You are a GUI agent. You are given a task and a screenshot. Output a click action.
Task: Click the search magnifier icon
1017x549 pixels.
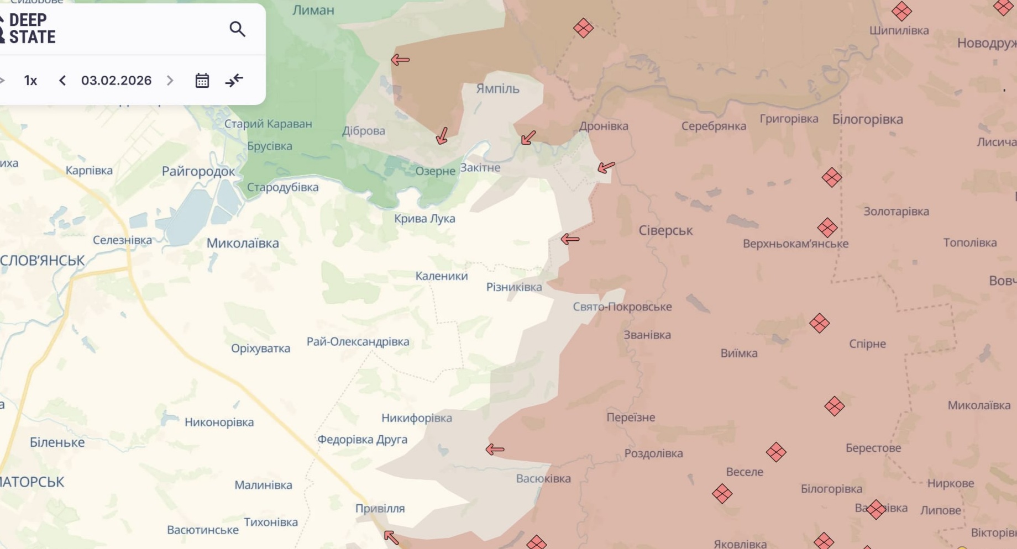point(237,29)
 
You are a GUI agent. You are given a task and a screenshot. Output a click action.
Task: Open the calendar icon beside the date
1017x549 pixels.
point(202,81)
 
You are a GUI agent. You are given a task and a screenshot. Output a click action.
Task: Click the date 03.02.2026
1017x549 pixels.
point(116,81)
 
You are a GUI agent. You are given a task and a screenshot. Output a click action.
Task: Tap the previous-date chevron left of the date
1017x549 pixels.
point(62,81)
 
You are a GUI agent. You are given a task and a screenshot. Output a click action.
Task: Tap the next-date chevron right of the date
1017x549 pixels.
point(170,81)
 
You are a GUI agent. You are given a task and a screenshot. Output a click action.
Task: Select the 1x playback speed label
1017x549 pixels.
point(30,81)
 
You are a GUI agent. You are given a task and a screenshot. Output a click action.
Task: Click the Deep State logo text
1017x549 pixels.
point(32,29)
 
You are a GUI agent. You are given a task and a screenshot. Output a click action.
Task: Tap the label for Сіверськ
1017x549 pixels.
point(665,230)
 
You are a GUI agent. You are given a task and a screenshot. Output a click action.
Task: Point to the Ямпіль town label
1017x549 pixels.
point(497,88)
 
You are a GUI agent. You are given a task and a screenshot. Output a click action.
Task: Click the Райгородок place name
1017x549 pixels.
point(198,171)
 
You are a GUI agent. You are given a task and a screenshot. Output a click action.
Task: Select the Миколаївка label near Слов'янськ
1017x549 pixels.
point(243,243)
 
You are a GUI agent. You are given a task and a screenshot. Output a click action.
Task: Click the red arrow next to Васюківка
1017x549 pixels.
point(495,450)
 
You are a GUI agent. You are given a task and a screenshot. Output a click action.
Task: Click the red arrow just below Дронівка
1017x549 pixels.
point(606,167)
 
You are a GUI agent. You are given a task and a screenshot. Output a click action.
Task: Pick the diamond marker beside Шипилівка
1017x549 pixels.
point(901,10)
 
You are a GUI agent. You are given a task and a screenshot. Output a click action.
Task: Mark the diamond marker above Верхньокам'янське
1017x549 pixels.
point(827,227)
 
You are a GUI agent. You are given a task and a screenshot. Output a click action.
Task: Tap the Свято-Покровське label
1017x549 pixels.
point(622,307)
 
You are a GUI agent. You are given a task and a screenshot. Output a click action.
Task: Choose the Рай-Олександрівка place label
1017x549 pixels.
point(358,341)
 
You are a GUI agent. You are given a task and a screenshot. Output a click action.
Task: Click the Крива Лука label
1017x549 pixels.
point(424,218)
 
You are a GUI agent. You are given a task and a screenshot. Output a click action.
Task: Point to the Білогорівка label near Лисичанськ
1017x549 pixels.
point(867,119)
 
